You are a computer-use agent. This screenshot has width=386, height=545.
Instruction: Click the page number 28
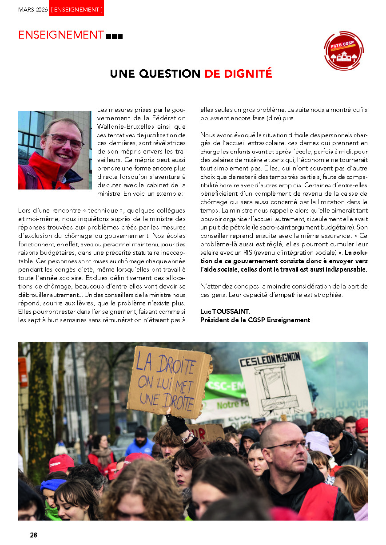tap(33, 535)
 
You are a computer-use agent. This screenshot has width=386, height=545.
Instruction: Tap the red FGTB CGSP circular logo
tap(343, 51)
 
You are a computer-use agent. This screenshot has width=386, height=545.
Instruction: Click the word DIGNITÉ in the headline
tap(238, 74)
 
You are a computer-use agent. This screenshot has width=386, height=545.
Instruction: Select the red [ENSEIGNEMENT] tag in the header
tap(76, 9)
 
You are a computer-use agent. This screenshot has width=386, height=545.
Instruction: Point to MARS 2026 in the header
tap(32, 9)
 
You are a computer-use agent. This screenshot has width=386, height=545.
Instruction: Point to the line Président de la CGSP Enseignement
tap(255, 320)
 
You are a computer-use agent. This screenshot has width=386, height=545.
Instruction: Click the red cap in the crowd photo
tap(61, 463)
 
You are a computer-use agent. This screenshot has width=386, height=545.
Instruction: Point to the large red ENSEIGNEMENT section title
tap(61, 35)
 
